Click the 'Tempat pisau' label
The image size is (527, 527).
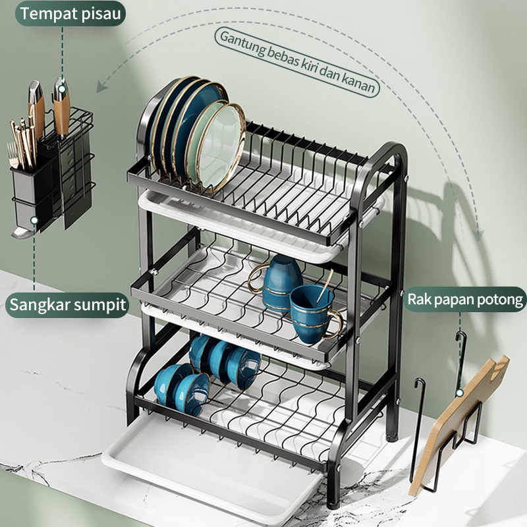[70, 14]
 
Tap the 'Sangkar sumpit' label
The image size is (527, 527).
[67, 304]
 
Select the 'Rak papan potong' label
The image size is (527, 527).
[466, 300]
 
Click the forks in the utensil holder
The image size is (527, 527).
[13, 155]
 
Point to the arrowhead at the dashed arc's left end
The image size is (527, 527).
[101, 87]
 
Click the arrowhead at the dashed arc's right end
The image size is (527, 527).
[481, 235]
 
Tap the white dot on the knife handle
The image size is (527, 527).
[61, 90]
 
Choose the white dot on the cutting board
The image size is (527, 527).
[459, 393]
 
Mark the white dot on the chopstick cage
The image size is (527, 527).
[34, 221]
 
